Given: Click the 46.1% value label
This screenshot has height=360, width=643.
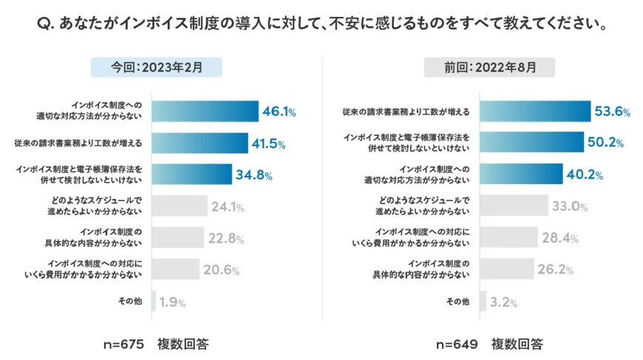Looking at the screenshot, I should point(279,112).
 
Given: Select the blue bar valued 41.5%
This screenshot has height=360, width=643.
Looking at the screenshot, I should point(200,143).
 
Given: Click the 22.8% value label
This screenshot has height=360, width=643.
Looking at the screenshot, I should point(224,238).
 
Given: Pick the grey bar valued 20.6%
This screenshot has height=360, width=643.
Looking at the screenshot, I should point(176,269).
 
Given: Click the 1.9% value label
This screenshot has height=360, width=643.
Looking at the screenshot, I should point(172,302).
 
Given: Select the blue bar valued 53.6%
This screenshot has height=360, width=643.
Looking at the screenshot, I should point(535,112).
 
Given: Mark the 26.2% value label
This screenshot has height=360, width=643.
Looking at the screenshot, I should point(556,269).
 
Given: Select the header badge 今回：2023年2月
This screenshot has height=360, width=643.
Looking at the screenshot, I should point(157,67).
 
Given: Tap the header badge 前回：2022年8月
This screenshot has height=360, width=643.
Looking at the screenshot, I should point(490,67).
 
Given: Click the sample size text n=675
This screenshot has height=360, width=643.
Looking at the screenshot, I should point(123,344).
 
